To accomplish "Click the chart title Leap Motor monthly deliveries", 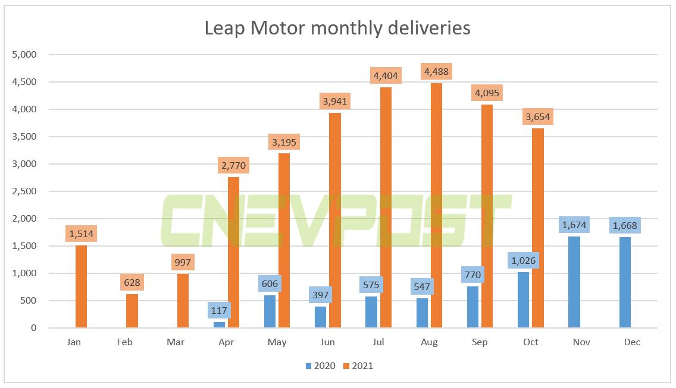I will pos(337,28).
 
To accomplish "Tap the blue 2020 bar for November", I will pos(574,282).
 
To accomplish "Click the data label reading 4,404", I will pos(385,75).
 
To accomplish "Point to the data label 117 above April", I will pos(220,310).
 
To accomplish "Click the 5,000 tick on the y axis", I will pos(25,55).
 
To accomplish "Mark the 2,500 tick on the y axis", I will pos(25,191).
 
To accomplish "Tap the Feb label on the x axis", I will pos(126,342).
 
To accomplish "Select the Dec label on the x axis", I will pos(631,342).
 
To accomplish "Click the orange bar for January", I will pos(82,286).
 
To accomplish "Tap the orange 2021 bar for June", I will pos(335,220).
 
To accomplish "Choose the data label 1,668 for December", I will pos(625,226).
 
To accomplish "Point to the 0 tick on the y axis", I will pos(33,328).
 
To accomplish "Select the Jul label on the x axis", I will pos(378,342).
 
